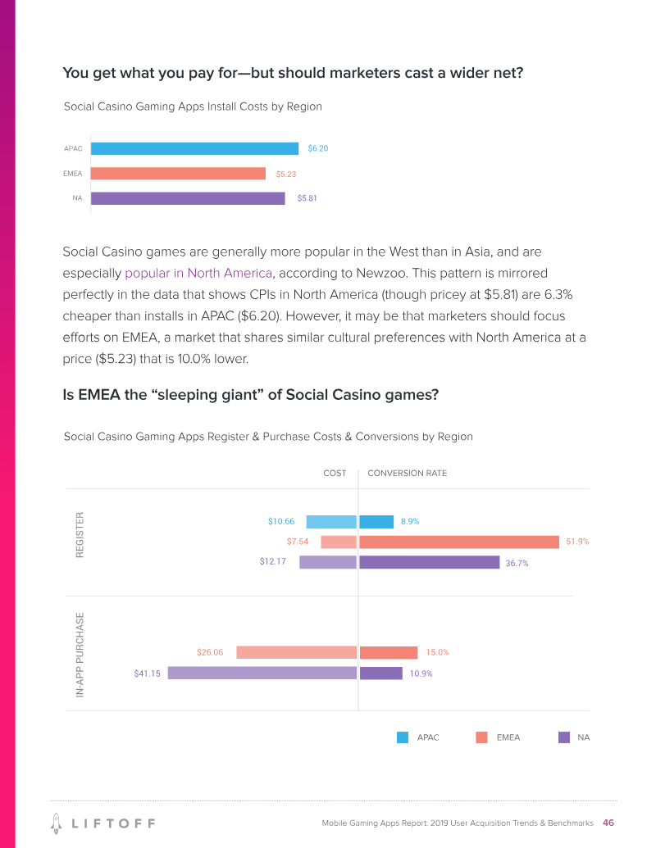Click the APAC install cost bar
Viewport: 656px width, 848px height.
pyautogui.click(x=194, y=148)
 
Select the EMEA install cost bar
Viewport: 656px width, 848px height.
pyautogui.click(x=178, y=174)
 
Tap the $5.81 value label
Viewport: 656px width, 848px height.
pyautogui.click(x=307, y=198)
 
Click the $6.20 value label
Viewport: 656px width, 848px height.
pyautogui.click(x=318, y=148)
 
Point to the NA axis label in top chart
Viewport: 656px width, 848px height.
pyautogui.click(x=77, y=198)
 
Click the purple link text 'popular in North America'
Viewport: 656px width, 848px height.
pyautogui.click(x=198, y=273)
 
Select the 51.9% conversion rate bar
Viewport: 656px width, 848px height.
pyautogui.click(x=459, y=542)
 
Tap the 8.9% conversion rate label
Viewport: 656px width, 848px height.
pyautogui.click(x=411, y=522)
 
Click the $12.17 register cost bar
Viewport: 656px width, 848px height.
pyautogui.click(x=328, y=562)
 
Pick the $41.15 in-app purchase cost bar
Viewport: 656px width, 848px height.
pyautogui.click(x=262, y=673)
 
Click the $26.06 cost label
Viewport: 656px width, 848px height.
pyautogui.click(x=210, y=653)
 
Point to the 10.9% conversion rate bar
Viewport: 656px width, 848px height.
pyautogui.click(x=380, y=673)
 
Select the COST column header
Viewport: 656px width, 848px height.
pyautogui.click(x=335, y=474)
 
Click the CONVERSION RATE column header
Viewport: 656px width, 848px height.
pyautogui.click(x=407, y=474)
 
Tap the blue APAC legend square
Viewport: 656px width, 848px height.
pyautogui.click(x=403, y=737)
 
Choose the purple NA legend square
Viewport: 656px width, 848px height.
pyautogui.click(x=563, y=737)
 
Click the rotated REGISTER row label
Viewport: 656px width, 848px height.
pyautogui.click(x=80, y=535)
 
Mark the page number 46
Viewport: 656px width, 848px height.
pyautogui.click(x=608, y=823)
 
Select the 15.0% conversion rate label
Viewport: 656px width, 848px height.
pyautogui.click(x=437, y=653)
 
